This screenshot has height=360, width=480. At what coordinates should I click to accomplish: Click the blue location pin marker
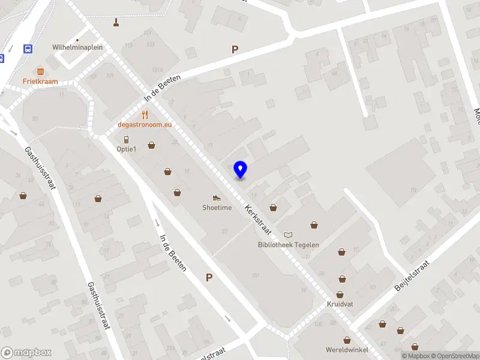pos(241,169)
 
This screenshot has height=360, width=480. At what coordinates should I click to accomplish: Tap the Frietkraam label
pos(40,82)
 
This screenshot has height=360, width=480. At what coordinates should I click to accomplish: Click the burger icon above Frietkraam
pos(40,71)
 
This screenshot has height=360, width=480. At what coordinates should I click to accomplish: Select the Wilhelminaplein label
pos(77,46)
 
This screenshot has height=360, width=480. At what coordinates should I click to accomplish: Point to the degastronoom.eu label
pos(145,125)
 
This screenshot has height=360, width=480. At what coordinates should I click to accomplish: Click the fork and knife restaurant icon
pos(145,114)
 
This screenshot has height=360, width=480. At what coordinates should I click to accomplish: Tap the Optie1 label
pos(127,149)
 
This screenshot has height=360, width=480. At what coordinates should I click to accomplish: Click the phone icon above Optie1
pos(126,139)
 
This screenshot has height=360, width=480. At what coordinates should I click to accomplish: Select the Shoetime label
pos(217,208)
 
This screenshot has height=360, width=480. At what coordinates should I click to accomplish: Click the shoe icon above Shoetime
pos(217,197)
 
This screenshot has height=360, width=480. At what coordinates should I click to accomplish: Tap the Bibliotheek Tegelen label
pos(289,245)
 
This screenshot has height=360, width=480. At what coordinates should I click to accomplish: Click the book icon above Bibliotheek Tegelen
pos(289,235)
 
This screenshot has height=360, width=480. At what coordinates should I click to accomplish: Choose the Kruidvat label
pos(340,305)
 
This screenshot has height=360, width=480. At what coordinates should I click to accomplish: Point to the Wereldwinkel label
pos(347,350)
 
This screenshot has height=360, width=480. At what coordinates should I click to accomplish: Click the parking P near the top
pos(235,50)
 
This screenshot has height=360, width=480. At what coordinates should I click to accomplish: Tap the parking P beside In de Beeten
pos(209,277)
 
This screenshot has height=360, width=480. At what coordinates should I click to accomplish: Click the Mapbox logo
pos(26,352)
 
